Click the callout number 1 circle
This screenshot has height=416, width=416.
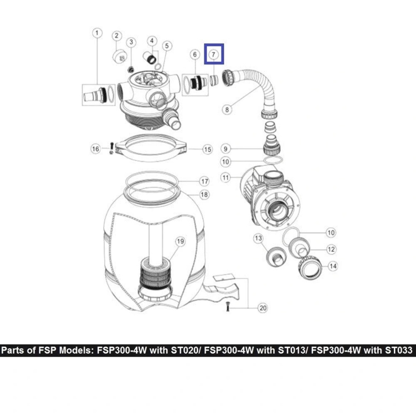[97, 33]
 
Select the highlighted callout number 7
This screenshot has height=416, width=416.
[213, 54]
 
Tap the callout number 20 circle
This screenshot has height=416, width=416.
[263, 308]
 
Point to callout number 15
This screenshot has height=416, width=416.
[208, 149]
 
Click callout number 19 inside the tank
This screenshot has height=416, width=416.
[180, 242]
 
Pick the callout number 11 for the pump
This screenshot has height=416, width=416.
[225, 178]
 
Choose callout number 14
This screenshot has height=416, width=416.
[333, 266]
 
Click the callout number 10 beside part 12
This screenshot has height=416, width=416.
[331, 233]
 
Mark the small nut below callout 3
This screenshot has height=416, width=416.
[131, 70]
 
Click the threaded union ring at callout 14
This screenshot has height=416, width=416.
[310, 269]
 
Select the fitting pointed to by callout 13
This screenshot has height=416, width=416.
[276, 257]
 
